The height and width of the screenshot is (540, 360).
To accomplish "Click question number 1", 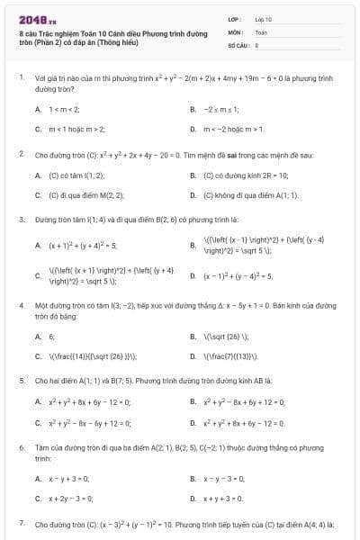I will tap(21, 78).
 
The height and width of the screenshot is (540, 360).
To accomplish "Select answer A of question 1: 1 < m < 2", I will tap(64, 110).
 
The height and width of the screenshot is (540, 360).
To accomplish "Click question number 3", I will tap(21, 220).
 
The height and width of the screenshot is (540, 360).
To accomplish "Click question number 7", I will tap(21, 523).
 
